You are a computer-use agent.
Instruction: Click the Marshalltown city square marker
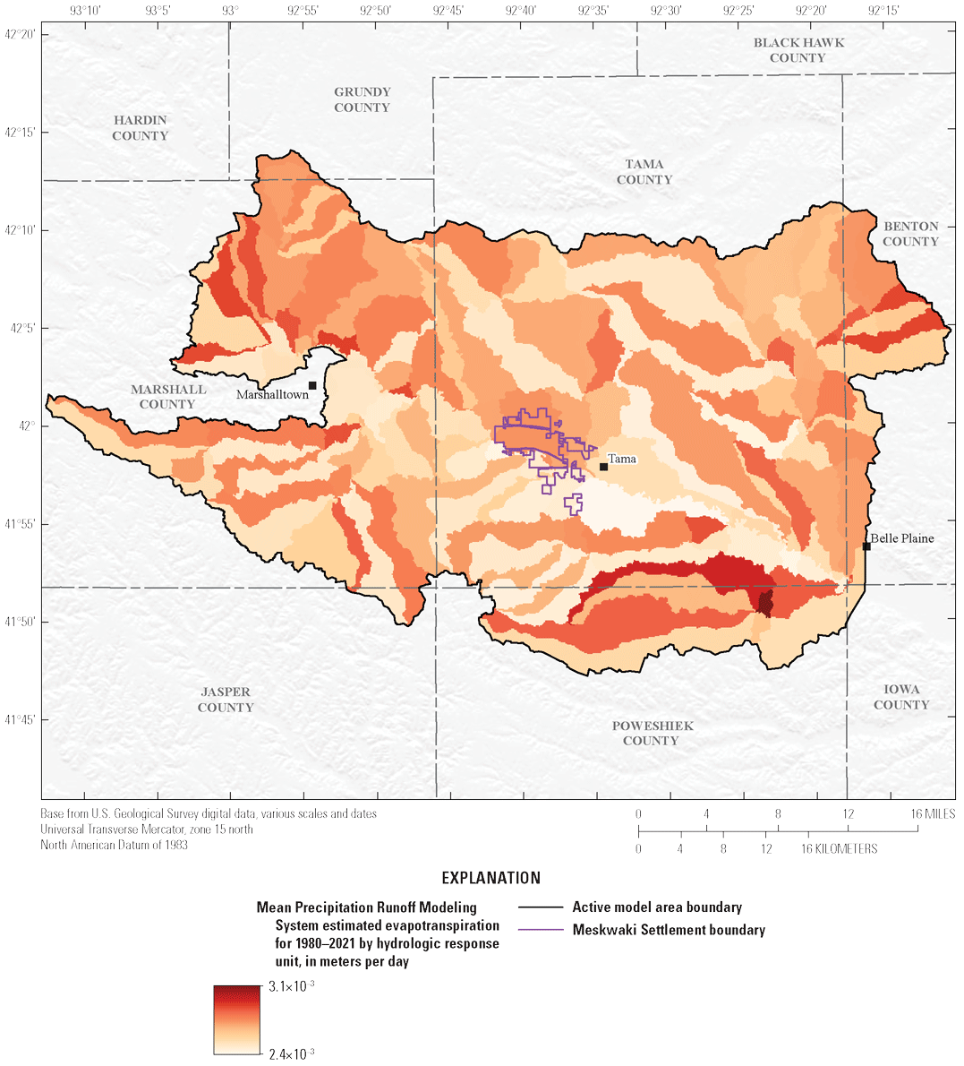tap(312, 385)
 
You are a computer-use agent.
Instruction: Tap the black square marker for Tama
tap(604, 466)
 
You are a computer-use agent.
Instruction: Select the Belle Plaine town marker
tap(866, 546)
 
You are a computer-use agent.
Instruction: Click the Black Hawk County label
tap(798, 50)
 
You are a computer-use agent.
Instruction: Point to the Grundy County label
tap(363, 99)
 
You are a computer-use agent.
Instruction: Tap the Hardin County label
tap(141, 128)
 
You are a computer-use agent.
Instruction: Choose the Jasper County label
tap(226, 700)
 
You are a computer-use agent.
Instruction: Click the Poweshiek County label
tap(652, 733)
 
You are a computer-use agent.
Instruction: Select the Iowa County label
tap(901, 697)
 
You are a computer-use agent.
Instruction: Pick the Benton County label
tap(910, 234)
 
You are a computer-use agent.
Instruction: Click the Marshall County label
tap(167, 397)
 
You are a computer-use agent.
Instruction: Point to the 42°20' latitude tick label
tap(20, 34)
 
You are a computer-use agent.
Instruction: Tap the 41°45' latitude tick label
tap(20, 719)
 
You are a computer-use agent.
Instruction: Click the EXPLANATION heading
tap(491, 878)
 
